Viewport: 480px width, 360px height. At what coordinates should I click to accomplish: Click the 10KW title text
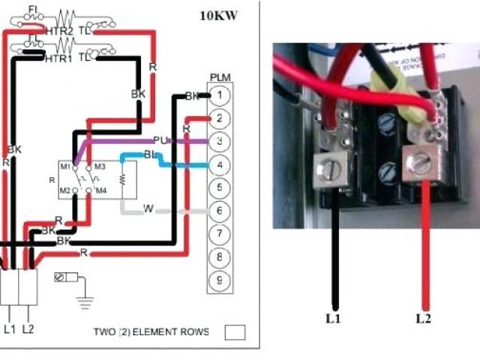pyautogui.click(x=219, y=15)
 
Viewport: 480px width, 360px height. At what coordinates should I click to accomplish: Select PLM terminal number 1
pyautogui.click(x=218, y=95)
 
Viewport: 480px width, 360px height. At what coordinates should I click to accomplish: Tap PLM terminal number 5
pyautogui.click(x=218, y=187)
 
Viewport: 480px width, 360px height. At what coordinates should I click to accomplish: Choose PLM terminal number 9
pyautogui.click(x=218, y=280)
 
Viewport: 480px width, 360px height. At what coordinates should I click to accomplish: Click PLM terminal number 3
pyautogui.click(x=218, y=141)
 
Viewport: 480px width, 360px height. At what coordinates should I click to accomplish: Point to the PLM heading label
pyautogui.click(x=220, y=78)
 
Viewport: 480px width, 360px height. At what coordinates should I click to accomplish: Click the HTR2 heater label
pyautogui.click(x=59, y=30)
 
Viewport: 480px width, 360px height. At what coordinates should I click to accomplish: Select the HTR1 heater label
pyautogui.click(x=59, y=58)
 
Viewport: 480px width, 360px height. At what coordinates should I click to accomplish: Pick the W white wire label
pyautogui.click(x=148, y=208)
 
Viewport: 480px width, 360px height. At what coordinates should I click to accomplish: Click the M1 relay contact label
pyautogui.click(x=66, y=166)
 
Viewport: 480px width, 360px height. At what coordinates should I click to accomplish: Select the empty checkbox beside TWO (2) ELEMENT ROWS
pyautogui.click(x=235, y=331)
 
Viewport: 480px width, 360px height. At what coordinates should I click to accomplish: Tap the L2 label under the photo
pyautogui.click(x=424, y=318)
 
